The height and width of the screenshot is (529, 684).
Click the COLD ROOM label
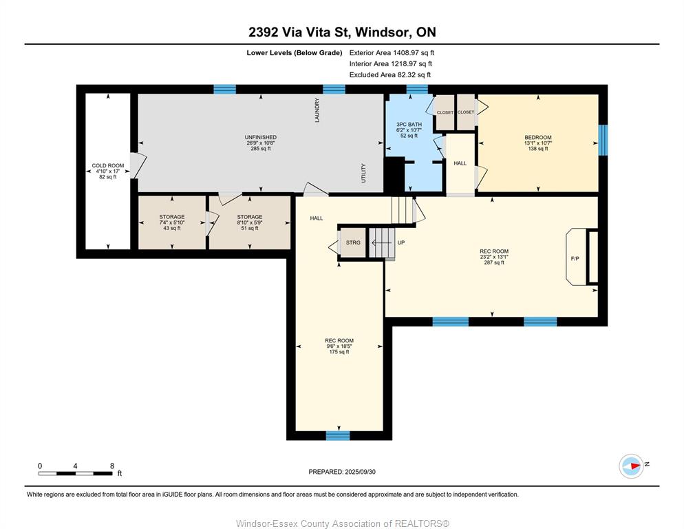click(x=108, y=165)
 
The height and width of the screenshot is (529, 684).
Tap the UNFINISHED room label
click(x=260, y=137)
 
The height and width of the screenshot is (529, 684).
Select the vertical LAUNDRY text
click(x=317, y=110)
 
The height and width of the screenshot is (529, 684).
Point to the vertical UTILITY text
click(x=363, y=173)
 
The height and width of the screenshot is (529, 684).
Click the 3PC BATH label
click(x=409, y=125)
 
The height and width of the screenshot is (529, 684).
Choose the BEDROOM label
click(x=538, y=137)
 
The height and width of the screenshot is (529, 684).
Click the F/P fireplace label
click(x=575, y=258)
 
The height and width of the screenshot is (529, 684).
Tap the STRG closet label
click(x=353, y=242)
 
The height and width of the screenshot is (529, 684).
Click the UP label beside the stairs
click(x=401, y=242)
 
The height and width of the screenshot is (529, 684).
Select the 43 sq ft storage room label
click(x=172, y=228)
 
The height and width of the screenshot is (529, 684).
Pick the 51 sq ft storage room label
click(x=250, y=228)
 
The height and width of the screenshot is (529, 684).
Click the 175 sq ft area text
click(x=339, y=352)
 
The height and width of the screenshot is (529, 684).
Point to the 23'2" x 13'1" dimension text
click(x=494, y=257)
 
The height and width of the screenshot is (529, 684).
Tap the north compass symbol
click(x=631, y=466)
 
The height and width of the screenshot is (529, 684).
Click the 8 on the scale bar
click(x=112, y=466)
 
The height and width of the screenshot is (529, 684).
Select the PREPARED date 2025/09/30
click(x=342, y=472)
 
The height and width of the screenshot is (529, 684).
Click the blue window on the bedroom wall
click(x=602, y=141)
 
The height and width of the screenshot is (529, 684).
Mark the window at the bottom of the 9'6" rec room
click(x=338, y=435)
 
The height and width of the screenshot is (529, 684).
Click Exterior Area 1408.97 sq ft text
click(x=392, y=53)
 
